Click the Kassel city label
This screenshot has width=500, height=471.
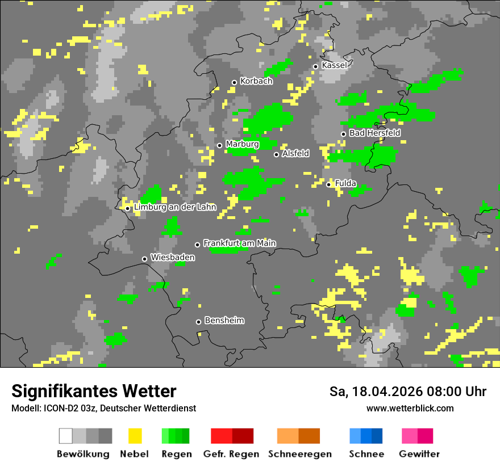[334, 65]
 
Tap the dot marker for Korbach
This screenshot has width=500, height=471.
[234, 82]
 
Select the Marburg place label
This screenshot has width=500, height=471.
[242, 144]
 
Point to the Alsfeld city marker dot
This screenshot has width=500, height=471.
[277, 154]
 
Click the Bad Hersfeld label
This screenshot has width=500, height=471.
[374, 133]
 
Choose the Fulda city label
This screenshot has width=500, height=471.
[345, 183]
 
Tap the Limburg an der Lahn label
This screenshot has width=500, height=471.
[174, 207]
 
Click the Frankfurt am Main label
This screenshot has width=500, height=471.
[239, 243]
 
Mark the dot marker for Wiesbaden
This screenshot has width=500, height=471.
[145, 259]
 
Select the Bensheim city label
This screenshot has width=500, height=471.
[224, 321]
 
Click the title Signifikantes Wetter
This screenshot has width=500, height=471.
[94, 391]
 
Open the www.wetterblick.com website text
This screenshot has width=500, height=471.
[410, 408]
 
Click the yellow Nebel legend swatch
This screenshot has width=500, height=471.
[135, 436]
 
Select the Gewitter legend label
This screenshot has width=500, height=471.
[419, 454]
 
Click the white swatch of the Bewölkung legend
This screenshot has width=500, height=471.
[66, 436]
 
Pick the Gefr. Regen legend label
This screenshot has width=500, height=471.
[231, 454]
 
